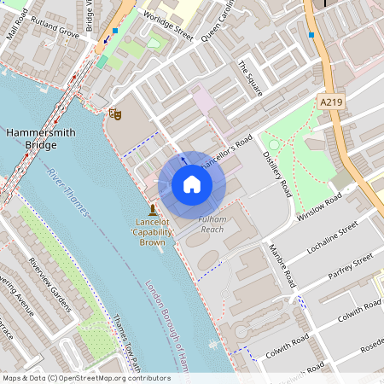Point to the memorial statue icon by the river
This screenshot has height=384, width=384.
pyautogui.click(x=152, y=210)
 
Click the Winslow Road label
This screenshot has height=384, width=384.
pyautogui.click(x=319, y=206)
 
